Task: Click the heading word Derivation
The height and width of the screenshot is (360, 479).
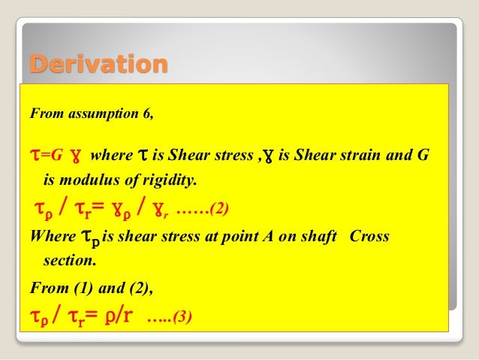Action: tap(98, 65)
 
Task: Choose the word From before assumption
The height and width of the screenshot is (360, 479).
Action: tap(45, 116)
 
